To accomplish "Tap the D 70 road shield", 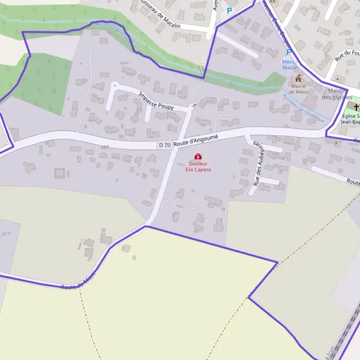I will (x=165, y=145).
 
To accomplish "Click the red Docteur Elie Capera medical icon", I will (x=198, y=156).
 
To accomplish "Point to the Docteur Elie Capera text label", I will (x=198, y=166).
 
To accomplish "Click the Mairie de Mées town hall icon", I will (x=298, y=79).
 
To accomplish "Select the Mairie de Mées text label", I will (x=298, y=89).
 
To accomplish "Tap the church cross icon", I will (x=349, y=106).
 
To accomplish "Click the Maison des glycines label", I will (x=335, y=93).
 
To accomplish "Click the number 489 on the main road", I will (x=106, y=147).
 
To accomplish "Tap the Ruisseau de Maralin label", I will (x=161, y=14).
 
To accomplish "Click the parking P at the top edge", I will (x=229, y=10).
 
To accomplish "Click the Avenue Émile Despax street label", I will (x=277, y=24).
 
